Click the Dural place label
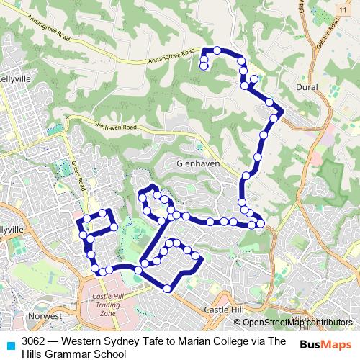[x=307, y=86]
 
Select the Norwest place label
[x=42, y=316]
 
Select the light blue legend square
[x=9, y=345]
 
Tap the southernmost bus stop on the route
[x=167, y=289]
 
